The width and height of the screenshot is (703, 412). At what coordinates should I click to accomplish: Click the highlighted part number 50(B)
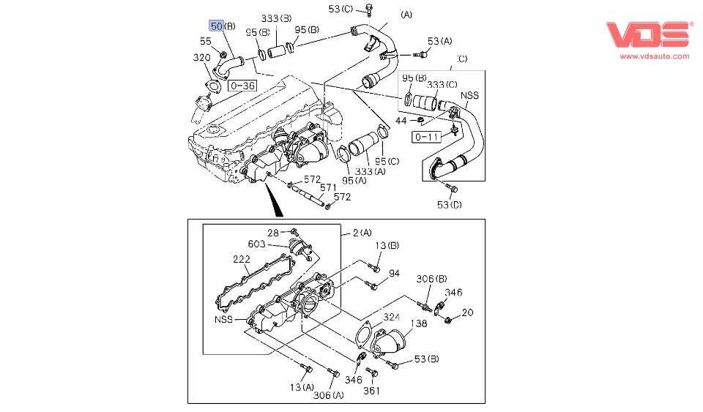tap(223, 26)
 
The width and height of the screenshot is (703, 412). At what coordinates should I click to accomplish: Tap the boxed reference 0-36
tap(242, 86)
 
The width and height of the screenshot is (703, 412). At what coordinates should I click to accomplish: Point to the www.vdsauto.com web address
tap(655, 56)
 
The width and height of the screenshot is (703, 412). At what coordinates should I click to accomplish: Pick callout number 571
tap(329, 187)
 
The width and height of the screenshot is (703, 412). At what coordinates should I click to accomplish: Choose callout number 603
tap(256, 244)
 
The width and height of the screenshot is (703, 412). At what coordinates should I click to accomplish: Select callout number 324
tap(392, 317)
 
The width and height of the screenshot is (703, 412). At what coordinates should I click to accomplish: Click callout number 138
tap(418, 323)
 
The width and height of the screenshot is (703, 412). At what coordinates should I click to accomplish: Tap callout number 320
tap(202, 58)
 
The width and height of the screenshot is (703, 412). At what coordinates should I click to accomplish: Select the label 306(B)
tap(431, 279)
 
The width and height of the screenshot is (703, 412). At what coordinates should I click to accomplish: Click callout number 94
tap(394, 274)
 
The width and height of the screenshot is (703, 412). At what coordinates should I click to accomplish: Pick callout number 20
tap(467, 312)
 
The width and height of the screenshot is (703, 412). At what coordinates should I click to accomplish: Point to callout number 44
tap(401, 119)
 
